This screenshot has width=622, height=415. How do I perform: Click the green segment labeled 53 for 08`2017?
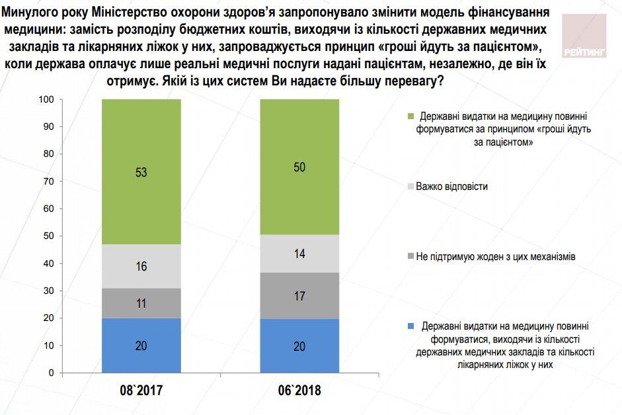pos(141,172)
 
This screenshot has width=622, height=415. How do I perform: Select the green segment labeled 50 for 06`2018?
pos(299,167)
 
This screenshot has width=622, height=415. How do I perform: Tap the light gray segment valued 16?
pos(141,266)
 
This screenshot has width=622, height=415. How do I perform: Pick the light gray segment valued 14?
pos(299,254)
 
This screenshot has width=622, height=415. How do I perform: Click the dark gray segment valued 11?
pos(141,303)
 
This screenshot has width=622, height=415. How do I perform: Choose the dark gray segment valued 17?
pos(299,295)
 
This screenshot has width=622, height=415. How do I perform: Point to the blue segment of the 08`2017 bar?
pos(141,346)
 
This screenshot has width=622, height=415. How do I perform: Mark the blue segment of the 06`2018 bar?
pos(299,346)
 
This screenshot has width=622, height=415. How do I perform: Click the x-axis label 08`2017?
pos(141,391)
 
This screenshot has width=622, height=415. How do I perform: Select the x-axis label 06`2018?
pos(299,391)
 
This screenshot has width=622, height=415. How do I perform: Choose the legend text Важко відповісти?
pos(451,187)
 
